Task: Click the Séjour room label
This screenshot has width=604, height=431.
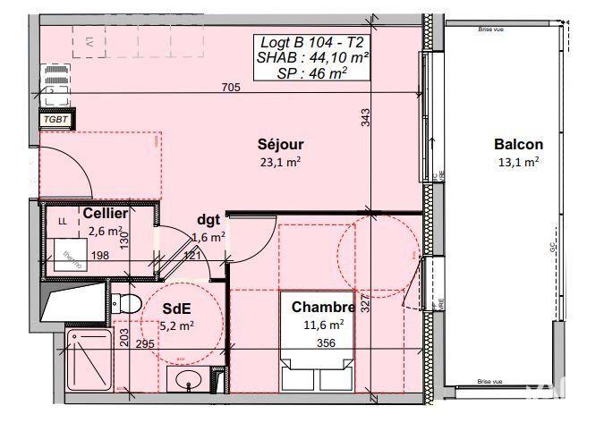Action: click(x=280, y=144)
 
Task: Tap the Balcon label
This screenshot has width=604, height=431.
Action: click(x=518, y=144)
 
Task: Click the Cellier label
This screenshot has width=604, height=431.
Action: click(x=105, y=215)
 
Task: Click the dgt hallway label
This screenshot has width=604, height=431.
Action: click(x=209, y=220)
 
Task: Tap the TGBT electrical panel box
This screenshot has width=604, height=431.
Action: click(x=55, y=118)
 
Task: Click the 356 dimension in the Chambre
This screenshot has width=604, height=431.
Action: click(x=328, y=342)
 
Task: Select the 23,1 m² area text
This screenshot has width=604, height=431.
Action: click(x=279, y=162)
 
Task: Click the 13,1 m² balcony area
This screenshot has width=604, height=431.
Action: click(x=518, y=162)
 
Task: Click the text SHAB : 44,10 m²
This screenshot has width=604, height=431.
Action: click(x=302, y=56)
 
